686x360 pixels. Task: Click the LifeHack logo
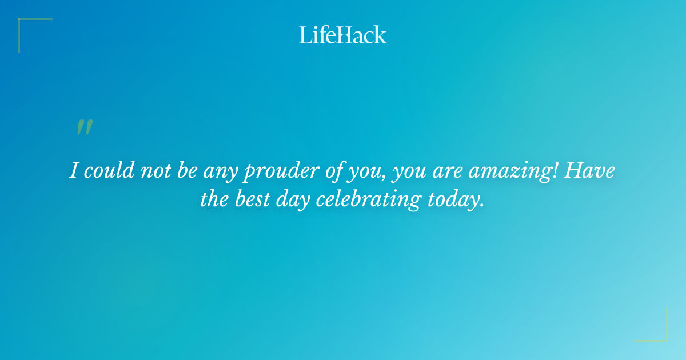342,35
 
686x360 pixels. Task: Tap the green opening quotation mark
84,128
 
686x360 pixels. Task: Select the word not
153,170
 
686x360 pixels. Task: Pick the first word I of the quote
74,170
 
